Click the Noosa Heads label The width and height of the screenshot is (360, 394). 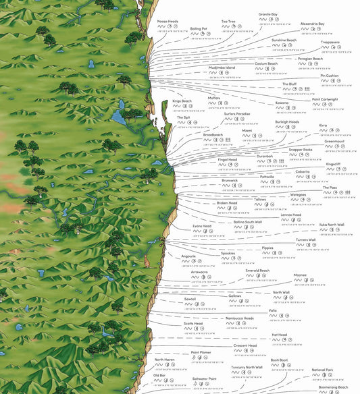tap(168, 21)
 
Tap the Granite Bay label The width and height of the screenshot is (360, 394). tap(268, 13)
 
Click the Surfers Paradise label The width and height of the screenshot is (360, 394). tap(237, 113)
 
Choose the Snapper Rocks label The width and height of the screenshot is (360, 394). tap(301, 149)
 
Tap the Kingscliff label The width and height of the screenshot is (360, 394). tap(333, 163)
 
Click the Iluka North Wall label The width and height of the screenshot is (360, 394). tap(331, 224)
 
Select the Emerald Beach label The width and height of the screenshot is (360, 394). tap(257, 270)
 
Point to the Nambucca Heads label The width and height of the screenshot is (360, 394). tap(240, 318)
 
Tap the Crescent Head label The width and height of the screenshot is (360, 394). tap(245, 345)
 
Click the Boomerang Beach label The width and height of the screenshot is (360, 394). tap(334, 387)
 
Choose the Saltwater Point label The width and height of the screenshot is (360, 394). tap(203, 378)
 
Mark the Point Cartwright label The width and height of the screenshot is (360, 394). tap(325, 99)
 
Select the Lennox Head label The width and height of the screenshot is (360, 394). tap(292, 215)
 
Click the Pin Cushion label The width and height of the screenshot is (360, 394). tap(330, 76)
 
